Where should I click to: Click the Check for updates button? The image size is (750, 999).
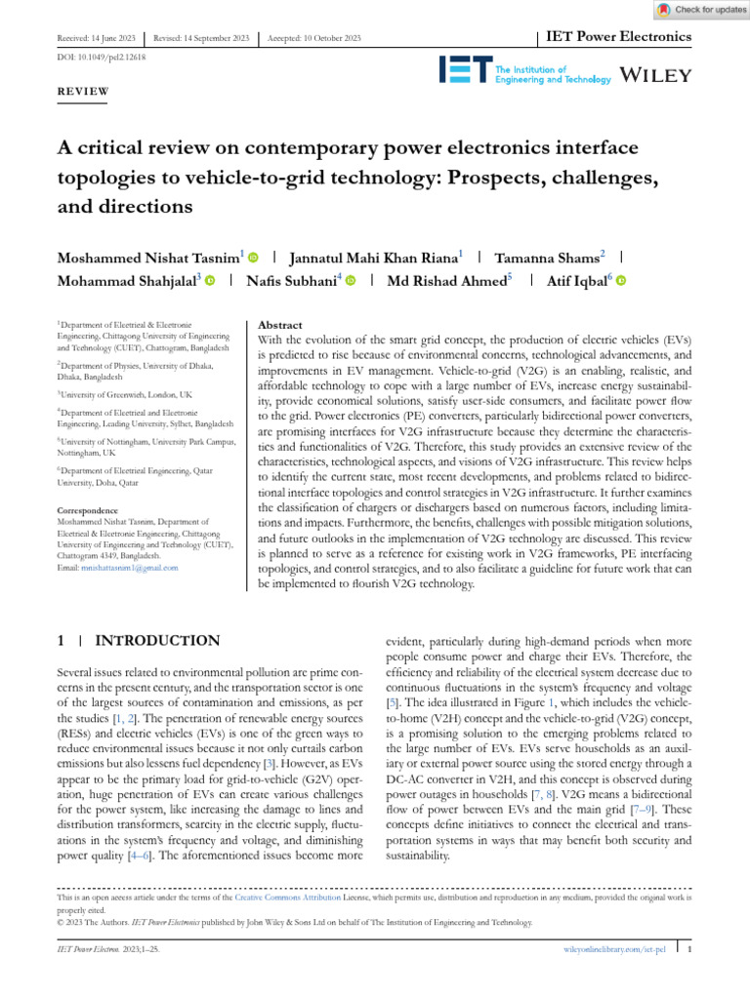coord(696,9)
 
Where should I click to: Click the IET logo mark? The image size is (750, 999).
coord(465,69)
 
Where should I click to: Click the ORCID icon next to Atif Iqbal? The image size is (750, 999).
coord(620,281)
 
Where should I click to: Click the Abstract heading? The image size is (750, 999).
coord(279,325)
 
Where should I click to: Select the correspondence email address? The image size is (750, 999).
coord(117,567)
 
